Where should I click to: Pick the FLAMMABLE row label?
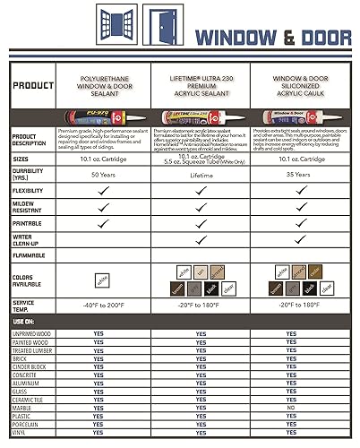(31, 253)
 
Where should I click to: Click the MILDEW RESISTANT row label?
(31, 207)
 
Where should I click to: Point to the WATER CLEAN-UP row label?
(31, 237)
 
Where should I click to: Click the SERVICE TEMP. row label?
(31, 304)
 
